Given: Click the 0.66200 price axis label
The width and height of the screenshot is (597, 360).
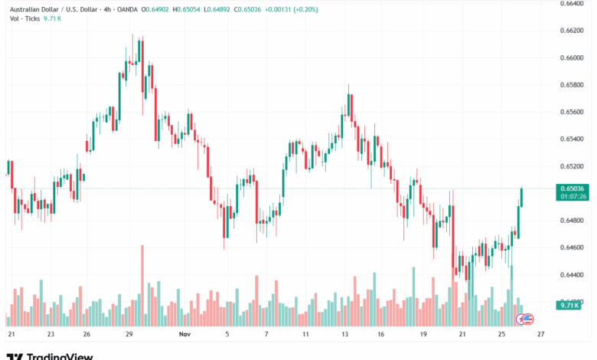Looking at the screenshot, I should (573, 31).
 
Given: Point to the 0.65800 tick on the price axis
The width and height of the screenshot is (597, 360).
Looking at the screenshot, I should (573, 84).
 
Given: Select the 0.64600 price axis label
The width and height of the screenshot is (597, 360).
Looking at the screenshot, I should (573, 247).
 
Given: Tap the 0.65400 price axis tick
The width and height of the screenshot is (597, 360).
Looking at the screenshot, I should (573, 139).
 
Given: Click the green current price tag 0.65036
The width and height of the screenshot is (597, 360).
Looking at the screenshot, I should (573, 188).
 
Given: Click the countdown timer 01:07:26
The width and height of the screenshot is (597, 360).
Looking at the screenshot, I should (573, 197).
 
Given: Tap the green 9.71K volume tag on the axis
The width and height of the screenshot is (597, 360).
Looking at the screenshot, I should (567, 305).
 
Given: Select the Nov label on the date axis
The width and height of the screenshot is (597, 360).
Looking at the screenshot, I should (184, 335).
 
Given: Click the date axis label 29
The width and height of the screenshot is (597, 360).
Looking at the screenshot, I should (130, 335).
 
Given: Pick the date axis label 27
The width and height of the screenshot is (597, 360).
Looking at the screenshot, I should (540, 335).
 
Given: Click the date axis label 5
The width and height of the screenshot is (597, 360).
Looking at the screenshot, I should (227, 335).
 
